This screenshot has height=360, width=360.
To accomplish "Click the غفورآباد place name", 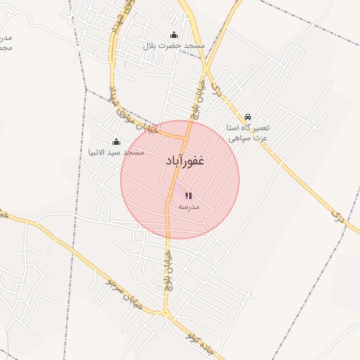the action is [185, 161].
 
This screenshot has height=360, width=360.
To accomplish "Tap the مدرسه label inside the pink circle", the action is [188, 207].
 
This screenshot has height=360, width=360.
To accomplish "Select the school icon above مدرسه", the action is [188, 195].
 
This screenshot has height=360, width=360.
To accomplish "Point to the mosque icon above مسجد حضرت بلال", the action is [174, 35].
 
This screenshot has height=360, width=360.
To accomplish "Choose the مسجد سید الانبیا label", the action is [116, 152].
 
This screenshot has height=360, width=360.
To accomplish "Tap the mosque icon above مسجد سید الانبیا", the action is [116, 141].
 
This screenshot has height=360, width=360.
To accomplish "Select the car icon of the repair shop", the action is [247, 117].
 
